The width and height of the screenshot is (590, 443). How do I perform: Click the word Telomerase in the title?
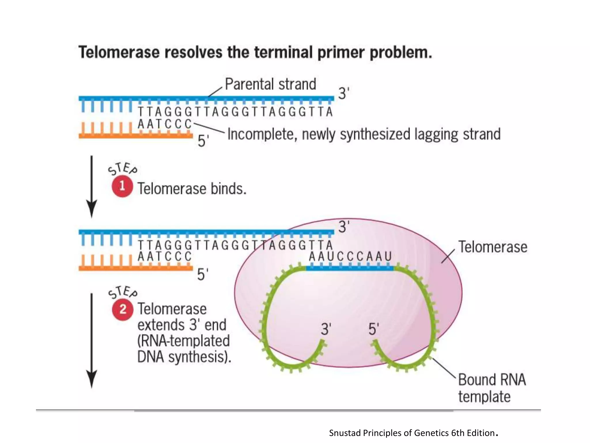pos(119,52)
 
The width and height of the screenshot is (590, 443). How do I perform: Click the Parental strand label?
pos(270,85)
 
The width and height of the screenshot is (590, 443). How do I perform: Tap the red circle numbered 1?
pos(122,187)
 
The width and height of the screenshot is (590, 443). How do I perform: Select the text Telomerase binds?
pos(192,189)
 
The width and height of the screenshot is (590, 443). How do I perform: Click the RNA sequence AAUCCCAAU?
pos(350,256)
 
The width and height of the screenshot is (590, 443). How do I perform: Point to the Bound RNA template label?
pos(491,388)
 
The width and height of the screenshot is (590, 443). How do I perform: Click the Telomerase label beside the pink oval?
pos(493,247)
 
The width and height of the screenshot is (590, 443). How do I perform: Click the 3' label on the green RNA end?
pos(326,329)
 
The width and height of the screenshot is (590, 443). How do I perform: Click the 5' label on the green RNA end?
pos(373,329)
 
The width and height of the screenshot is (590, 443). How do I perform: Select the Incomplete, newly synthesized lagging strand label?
pos(364,134)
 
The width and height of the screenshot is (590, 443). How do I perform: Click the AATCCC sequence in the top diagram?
pos(164,124)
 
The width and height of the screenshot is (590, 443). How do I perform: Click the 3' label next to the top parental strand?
pos(343,93)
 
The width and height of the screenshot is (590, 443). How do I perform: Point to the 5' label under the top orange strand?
pos(203,141)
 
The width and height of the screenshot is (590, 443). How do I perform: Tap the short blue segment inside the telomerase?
pos(349,268)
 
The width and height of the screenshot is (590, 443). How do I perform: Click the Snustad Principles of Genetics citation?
pos(413,433)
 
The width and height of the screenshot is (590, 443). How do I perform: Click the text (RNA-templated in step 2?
pos(183,341)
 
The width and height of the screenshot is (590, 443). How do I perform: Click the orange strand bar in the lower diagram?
pos(135,268)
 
